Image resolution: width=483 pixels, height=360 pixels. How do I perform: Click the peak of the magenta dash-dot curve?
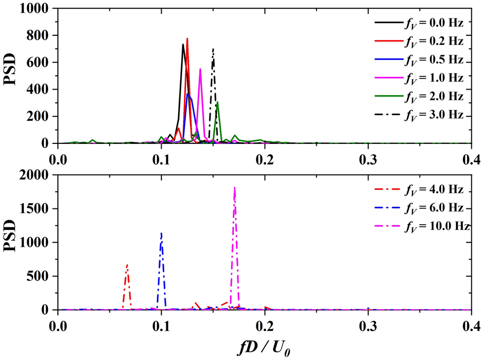tap(234, 188)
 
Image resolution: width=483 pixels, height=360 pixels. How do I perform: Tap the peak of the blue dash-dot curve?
tap(162, 234)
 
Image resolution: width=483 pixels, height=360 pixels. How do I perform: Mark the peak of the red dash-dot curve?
tap(127, 265)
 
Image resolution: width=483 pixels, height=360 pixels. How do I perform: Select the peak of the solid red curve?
tap(187, 38)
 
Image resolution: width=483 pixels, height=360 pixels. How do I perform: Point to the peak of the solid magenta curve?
tap(200, 69)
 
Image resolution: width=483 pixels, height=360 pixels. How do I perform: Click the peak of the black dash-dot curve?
tap(213, 49)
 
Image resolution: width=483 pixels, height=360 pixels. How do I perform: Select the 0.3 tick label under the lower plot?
tap(368, 326)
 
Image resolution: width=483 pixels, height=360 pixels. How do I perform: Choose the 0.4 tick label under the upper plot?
tap(471, 159)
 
